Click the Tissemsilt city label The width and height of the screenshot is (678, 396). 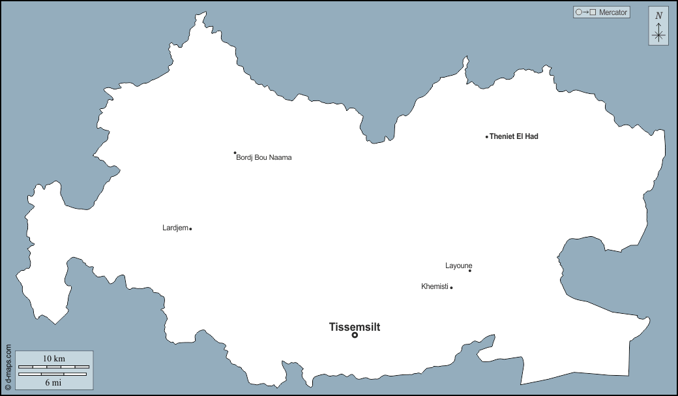pyautogui.click(x=354, y=327)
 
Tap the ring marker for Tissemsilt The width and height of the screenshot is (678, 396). pyautogui.click(x=355, y=335)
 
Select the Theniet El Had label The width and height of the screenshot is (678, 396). pyautogui.click(x=514, y=136)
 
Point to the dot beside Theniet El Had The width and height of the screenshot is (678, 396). pyautogui.click(x=487, y=137)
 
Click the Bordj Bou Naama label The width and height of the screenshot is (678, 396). pyautogui.click(x=264, y=157)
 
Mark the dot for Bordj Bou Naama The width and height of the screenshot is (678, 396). pyautogui.click(x=235, y=153)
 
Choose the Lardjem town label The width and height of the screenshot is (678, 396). pyautogui.click(x=175, y=228)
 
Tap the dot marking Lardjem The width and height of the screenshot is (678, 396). pyautogui.click(x=190, y=229)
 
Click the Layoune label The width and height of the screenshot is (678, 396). pyautogui.click(x=458, y=266)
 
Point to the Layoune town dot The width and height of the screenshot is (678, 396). pyautogui.click(x=470, y=270)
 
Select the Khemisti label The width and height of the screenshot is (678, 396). pyautogui.click(x=435, y=286)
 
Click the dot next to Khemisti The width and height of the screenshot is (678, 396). pyautogui.click(x=451, y=288)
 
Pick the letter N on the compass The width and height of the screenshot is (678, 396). pyautogui.click(x=658, y=16)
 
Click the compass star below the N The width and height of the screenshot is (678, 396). pyautogui.click(x=658, y=35)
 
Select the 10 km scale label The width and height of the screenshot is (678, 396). pyautogui.click(x=54, y=359)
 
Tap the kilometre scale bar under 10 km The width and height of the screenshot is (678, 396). pyautogui.click(x=53, y=367)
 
